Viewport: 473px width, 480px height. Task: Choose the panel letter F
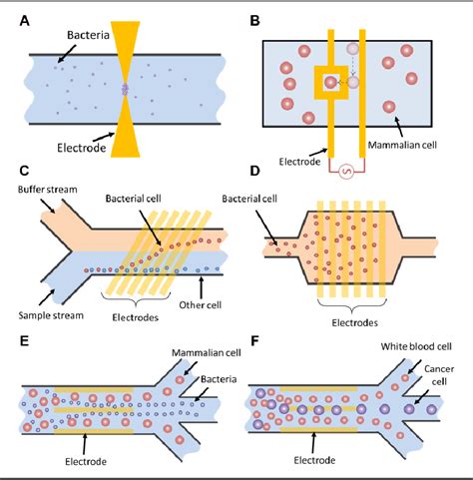[254, 339]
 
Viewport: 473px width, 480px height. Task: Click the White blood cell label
[418, 347]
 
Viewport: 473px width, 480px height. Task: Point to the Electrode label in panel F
[317, 463]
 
